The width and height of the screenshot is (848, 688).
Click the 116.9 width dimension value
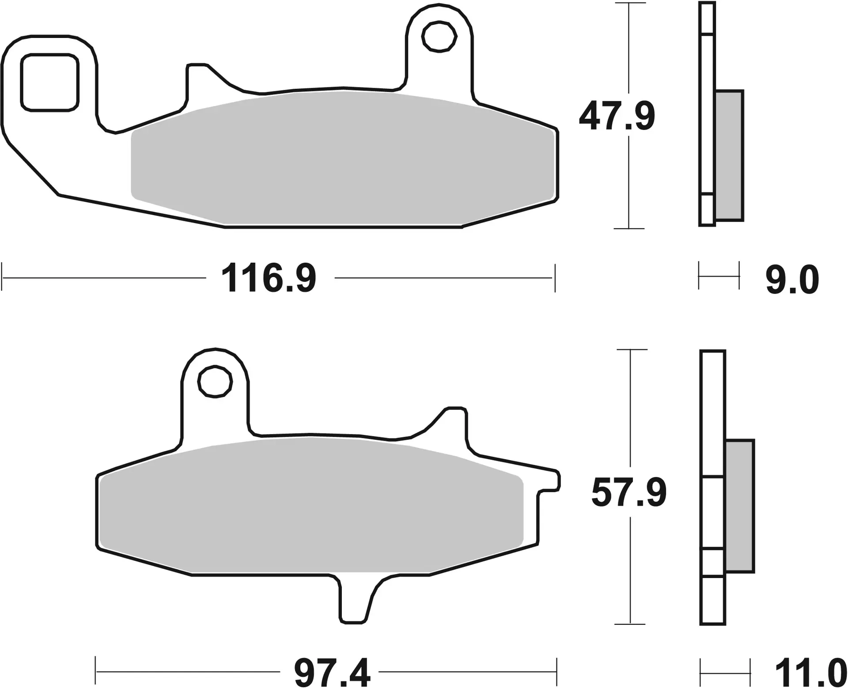coord(269,278)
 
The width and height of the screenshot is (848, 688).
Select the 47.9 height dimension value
coord(617,117)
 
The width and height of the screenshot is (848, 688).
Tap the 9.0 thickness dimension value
coord(792,280)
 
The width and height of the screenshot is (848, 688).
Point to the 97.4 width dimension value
coord(332,673)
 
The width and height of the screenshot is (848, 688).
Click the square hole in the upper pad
coord(49,82)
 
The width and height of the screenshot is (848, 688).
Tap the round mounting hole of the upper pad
coord(439,37)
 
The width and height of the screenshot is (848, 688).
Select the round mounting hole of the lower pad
coord(215,382)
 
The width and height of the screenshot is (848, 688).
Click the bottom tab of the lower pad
coord(354,601)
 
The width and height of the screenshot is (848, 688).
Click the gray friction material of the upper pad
coord(342,159)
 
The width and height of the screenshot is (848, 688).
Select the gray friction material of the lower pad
coord(309,508)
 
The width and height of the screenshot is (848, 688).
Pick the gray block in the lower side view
coord(740,506)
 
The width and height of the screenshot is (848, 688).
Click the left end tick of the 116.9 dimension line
coord(2,278)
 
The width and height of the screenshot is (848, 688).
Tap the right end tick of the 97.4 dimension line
coord(556,672)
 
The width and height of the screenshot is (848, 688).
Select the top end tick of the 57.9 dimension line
coord(630,350)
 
